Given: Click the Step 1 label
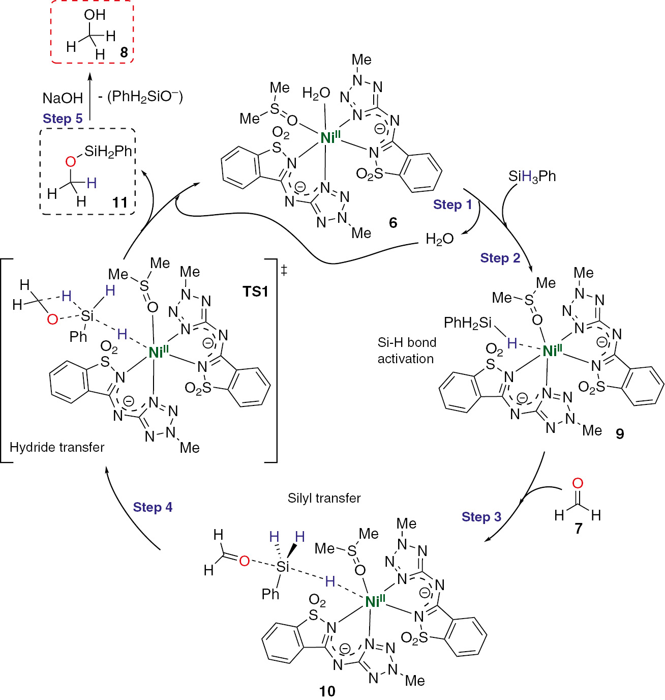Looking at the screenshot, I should (x=452, y=205).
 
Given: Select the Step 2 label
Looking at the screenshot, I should (x=500, y=258).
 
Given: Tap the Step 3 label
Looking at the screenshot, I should (x=481, y=517).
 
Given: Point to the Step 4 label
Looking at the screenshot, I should (x=153, y=507).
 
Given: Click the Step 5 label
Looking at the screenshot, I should (x=63, y=119).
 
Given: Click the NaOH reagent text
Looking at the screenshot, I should (x=63, y=98).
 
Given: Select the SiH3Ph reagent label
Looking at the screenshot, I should (x=532, y=177).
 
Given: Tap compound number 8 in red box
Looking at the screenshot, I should (x=124, y=52).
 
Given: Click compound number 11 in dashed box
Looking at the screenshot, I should (x=120, y=202).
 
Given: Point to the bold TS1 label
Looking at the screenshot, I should (x=255, y=291).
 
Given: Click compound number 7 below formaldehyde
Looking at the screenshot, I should (x=578, y=529).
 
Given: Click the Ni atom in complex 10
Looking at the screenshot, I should (x=375, y=602).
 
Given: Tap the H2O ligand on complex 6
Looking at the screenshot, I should (x=316, y=93).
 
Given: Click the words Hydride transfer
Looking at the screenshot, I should (x=57, y=447).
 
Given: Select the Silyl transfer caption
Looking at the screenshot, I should (x=324, y=498).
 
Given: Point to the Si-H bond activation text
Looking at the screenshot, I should (x=406, y=351).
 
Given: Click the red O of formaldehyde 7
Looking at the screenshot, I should (x=578, y=483).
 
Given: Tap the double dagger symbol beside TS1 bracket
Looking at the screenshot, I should (x=284, y=270).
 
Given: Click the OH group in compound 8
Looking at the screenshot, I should (x=95, y=15).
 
